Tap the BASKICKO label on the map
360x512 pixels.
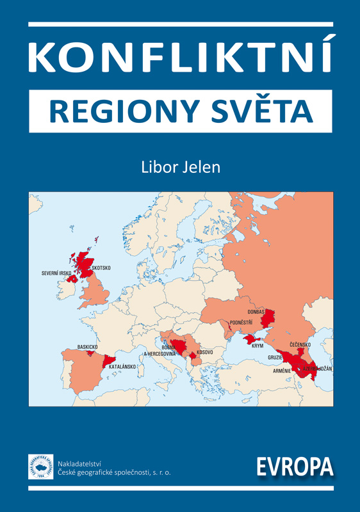click(x=87, y=346)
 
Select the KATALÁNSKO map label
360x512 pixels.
click(x=122, y=367)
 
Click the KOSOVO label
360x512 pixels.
click(x=205, y=353)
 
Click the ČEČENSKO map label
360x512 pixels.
click(x=300, y=345)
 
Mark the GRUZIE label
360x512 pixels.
click(x=275, y=358)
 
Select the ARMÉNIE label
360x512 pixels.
click(x=282, y=371)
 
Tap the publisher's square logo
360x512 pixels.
click(x=40, y=467)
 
